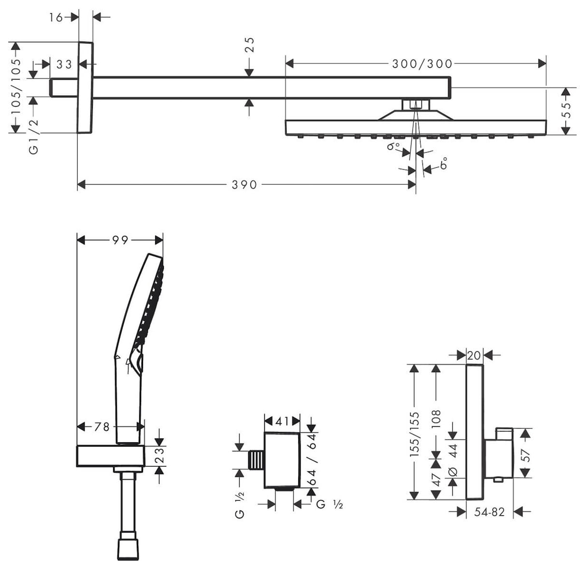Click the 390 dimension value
(x=244, y=185)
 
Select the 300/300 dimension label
(x=422, y=63)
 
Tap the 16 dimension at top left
(x=56, y=17)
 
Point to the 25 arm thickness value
(x=249, y=44)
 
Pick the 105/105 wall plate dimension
(x=16, y=87)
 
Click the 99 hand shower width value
(x=120, y=240)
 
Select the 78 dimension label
(x=101, y=426)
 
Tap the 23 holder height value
(x=160, y=456)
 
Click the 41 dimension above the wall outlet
(x=282, y=421)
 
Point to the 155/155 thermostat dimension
(x=415, y=435)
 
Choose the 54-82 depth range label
(x=489, y=512)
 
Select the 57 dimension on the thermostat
(x=526, y=454)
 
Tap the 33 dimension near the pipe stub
(x=64, y=64)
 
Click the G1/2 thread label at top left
(x=33, y=136)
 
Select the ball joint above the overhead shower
(x=415, y=104)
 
